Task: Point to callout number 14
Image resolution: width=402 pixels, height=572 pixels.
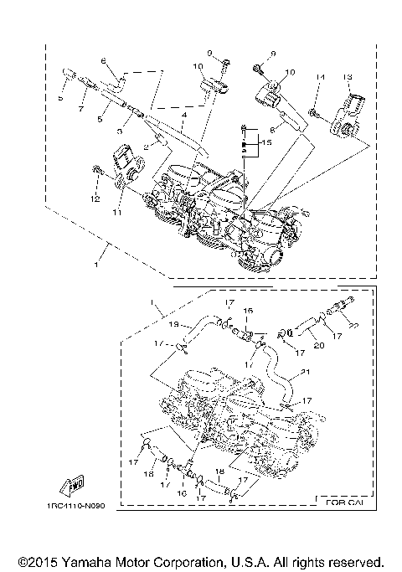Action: tap(319, 77)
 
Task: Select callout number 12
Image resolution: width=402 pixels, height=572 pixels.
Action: tap(95, 198)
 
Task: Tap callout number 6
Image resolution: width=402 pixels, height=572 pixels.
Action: tap(105, 60)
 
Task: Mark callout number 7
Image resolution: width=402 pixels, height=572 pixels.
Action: tap(82, 110)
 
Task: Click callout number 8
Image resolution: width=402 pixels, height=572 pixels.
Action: tap(273, 130)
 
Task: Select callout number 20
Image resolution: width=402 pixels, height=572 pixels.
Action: tap(318, 343)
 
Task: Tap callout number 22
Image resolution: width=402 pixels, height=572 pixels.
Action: tap(353, 325)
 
